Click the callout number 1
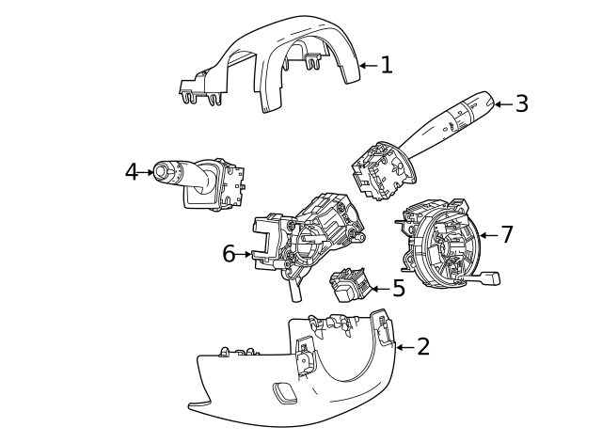(x=386, y=65)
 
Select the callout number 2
(x=422, y=347)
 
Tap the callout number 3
(x=521, y=104)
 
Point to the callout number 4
(x=131, y=172)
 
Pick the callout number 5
(x=399, y=289)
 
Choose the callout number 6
(x=229, y=254)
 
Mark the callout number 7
(x=507, y=235)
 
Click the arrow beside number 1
(x=367, y=66)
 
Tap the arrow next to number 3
(x=502, y=104)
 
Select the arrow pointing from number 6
(x=246, y=254)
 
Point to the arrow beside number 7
(x=487, y=235)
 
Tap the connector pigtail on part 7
(x=487, y=277)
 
